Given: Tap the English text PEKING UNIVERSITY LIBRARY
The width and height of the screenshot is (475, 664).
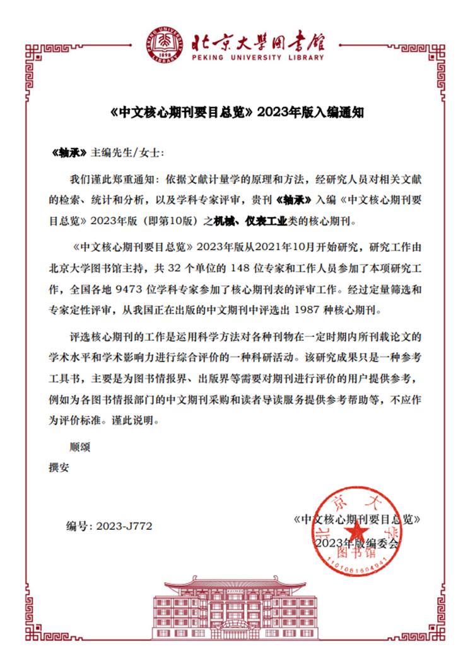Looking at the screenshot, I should click(x=258, y=57).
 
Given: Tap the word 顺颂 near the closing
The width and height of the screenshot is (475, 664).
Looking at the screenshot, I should click(x=80, y=447).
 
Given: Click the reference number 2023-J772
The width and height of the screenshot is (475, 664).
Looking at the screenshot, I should click(x=125, y=525).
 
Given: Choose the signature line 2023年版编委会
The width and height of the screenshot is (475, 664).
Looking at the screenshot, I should click(x=357, y=542).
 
